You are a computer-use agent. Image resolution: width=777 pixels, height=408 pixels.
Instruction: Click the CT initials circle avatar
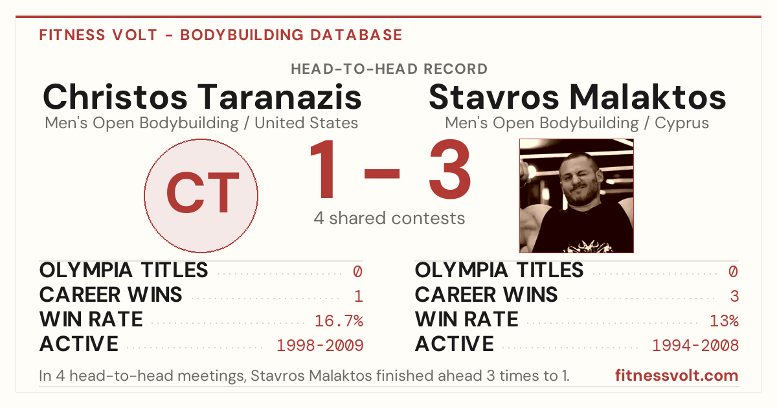201,196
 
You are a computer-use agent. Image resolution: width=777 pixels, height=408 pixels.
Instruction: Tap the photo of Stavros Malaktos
576,196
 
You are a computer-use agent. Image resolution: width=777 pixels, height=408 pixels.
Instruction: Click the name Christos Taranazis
202,96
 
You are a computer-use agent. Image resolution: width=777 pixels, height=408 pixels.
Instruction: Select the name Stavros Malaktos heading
577,96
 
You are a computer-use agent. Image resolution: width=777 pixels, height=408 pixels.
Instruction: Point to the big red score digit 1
323,169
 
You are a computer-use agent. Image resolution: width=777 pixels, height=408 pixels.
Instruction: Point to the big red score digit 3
449,169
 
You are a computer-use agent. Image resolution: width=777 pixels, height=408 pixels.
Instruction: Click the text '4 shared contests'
389,219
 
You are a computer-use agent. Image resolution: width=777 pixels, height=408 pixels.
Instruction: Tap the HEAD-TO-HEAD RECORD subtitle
389,69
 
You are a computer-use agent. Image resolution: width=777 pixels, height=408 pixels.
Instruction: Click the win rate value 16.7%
339,321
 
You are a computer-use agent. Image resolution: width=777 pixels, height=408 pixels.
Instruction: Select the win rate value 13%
725,321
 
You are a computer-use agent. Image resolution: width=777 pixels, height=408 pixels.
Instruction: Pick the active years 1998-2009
320,345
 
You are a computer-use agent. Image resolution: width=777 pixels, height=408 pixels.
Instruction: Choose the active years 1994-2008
695,345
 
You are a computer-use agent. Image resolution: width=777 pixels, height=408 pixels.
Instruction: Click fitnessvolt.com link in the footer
677,376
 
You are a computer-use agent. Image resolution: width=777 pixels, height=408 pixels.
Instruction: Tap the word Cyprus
682,123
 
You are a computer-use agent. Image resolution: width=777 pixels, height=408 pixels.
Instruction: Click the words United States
306,123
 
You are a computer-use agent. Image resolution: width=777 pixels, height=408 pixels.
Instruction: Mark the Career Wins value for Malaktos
734,296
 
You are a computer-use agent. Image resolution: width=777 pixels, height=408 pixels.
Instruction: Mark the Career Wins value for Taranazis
359,296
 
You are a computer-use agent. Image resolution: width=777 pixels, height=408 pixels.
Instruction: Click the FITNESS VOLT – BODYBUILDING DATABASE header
221,35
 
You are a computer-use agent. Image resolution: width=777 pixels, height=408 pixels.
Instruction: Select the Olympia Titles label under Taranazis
124,270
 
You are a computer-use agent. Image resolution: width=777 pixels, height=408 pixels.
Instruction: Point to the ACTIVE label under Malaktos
454,344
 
